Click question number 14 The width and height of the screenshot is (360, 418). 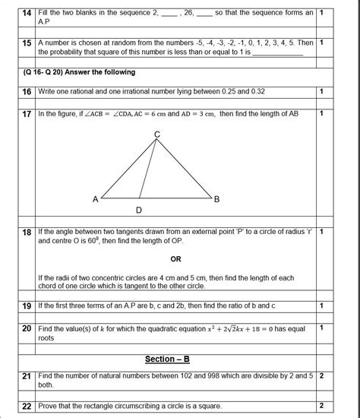pyautogui.click(x=25, y=13)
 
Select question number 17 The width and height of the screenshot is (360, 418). pyautogui.click(x=25, y=113)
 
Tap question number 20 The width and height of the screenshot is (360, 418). pyautogui.click(x=25, y=328)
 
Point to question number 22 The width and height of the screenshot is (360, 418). pyautogui.click(x=25, y=405)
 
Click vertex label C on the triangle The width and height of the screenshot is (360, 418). pyautogui.click(x=156, y=134)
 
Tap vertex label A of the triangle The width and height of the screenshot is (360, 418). pyautogui.click(x=95, y=199)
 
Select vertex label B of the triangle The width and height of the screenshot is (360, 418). pyautogui.click(x=216, y=199)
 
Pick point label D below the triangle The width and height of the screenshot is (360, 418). pyautogui.click(x=138, y=210)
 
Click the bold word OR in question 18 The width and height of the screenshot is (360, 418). pyautogui.click(x=175, y=258)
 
